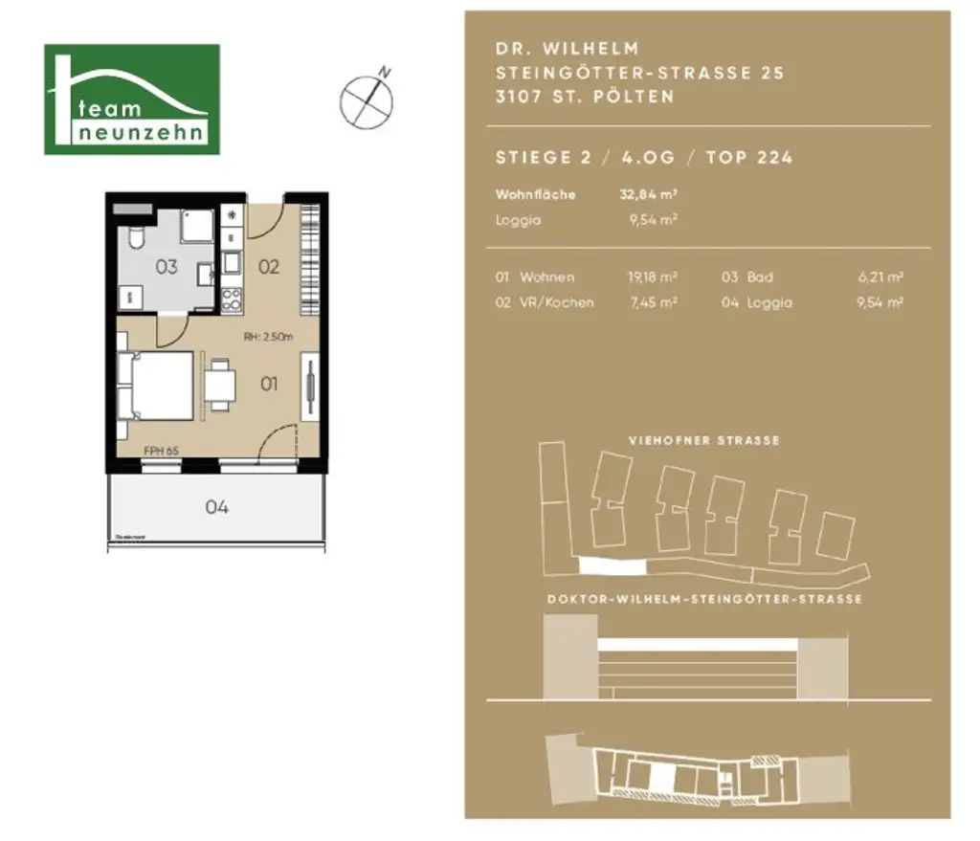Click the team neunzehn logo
pos(132,100)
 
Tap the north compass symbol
pos(367,99)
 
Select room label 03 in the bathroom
pos(167,267)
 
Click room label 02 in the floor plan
pos(269,267)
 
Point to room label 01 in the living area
pos(269,384)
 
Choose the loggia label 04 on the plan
pos(217,507)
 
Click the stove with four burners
pos(232,299)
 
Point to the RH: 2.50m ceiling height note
pos(267,336)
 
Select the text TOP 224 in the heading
pos(749,158)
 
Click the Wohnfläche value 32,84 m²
pos(649,194)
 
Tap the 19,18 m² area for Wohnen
pos(652,277)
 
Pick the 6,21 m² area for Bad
pos(880,277)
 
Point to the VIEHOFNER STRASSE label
pos(703,441)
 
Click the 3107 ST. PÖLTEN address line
pos(585,97)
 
